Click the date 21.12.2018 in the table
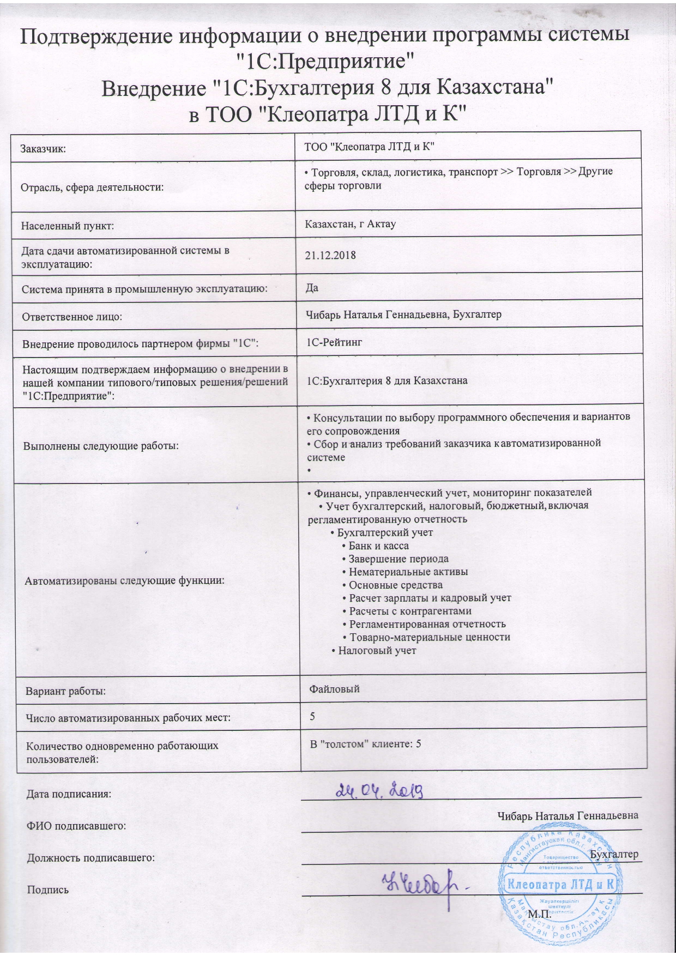(330, 255)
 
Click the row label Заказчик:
(43, 148)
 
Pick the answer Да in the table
(312, 288)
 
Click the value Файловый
(335, 689)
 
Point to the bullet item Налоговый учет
(377, 650)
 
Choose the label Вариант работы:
(66, 692)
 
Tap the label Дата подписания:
(69, 794)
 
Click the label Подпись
(48, 890)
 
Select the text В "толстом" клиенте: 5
(365, 743)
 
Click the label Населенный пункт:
(67, 225)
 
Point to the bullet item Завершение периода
(399, 559)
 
